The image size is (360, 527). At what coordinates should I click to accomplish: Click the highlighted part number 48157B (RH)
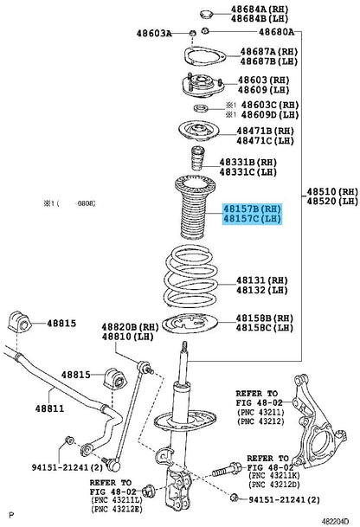pyautogui.click(x=252, y=209)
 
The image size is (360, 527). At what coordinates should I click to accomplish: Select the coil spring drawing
pyautogui.click(x=190, y=276)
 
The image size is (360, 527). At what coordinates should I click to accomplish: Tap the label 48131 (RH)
pyautogui.click(x=262, y=280)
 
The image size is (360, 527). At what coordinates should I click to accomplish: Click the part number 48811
pyautogui.click(x=49, y=408)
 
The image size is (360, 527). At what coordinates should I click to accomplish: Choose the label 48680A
pyautogui.click(x=276, y=32)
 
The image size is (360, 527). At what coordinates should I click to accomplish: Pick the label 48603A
pyautogui.click(x=154, y=33)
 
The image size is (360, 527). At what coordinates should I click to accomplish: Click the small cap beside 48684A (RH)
pyautogui.click(x=206, y=15)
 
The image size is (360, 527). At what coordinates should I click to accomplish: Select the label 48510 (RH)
pyautogui.click(x=332, y=191)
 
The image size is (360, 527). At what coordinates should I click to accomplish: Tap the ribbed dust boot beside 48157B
pyautogui.click(x=195, y=208)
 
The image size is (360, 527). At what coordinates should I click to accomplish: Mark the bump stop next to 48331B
pyautogui.click(x=197, y=158)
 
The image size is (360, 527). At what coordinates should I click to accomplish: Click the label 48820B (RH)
pyautogui.click(x=130, y=327)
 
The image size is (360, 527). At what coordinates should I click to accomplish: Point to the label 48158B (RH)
pyautogui.click(x=265, y=318)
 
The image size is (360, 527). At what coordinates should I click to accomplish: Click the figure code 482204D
pyautogui.click(x=336, y=521)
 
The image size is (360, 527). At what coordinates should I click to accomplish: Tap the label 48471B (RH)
pyautogui.click(x=265, y=131)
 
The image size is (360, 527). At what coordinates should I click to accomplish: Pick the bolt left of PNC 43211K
pyautogui.click(x=227, y=470)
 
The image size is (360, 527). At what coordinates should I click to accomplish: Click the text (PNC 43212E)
pyautogui.click(x=117, y=509)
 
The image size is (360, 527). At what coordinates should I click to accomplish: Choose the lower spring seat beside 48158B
pyautogui.click(x=190, y=323)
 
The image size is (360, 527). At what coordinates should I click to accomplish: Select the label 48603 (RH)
pyautogui.click(x=264, y=80)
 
